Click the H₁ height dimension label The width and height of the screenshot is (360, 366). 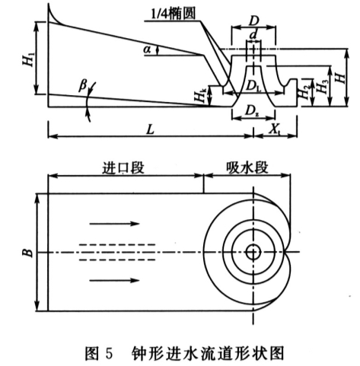pyautogui.click(x=29, y=59)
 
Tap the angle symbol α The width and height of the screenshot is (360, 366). pyautogui.click(x=147, y=49)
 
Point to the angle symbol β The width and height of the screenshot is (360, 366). pyautogui.click(x=83, y=85)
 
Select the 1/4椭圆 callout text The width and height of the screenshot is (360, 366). pyautogui.click(x=174, y=14)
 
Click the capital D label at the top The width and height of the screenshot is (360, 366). pyautogui.click(x=253, y=21)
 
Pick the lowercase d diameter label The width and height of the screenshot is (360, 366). pyautogui.click(x=253, y=36)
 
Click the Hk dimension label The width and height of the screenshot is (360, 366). pyautogui.click(x=200, y=96)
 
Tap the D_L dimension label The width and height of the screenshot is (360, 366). pyautogui.click(x=253, y=86)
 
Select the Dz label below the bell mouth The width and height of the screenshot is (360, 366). pyautogui.click(x=252, y=110)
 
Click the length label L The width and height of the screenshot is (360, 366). pyautogui.click(x=150, y=129)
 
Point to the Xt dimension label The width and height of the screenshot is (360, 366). pyautogui.click(x=275, y=129)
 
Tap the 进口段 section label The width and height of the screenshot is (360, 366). pyautogui.click(x=123, y=167)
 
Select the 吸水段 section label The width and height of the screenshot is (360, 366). pyautogui.click(x=247, y=167)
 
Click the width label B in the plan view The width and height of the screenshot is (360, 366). pyautogui.click(x=29, y=253)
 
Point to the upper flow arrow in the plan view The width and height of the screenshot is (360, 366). pyautogui.click(x=114, y=224)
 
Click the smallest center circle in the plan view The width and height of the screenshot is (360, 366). pyautogui.click(x=253, y=252)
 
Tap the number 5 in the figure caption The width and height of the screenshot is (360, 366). pyautogui.click(x=108, y=353)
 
